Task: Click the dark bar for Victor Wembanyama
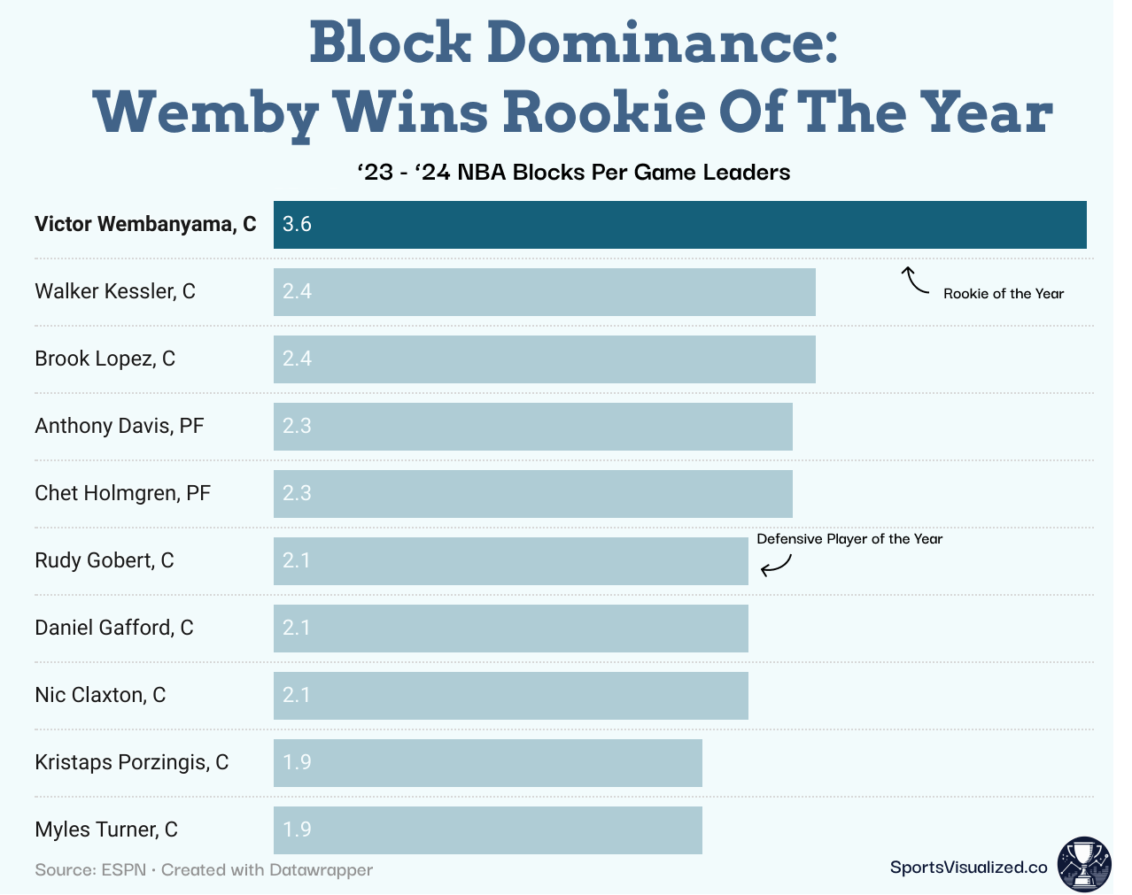point(679,225)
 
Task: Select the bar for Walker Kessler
point(544,292)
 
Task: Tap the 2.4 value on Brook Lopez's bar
point(297,359)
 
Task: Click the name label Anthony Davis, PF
point(120,426)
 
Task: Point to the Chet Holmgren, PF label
point(122,493)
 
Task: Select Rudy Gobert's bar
point(510,561)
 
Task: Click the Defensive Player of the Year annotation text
point(849,539)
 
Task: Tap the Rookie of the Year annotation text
point(1003,294)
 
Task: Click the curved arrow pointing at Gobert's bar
point(776,564)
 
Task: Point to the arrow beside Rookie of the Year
point(914,281)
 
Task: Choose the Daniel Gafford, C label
point(113,628)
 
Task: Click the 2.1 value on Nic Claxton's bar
point(297,696)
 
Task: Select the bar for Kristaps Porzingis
point(487,763)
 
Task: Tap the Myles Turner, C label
point(106,829)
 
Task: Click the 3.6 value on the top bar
point(297,225)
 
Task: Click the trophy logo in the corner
point(1083,864)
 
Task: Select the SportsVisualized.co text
point(968,868)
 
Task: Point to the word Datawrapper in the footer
point(321,870)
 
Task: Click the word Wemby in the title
point(205,113)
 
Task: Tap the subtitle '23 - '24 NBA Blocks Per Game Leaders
point(573,173)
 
